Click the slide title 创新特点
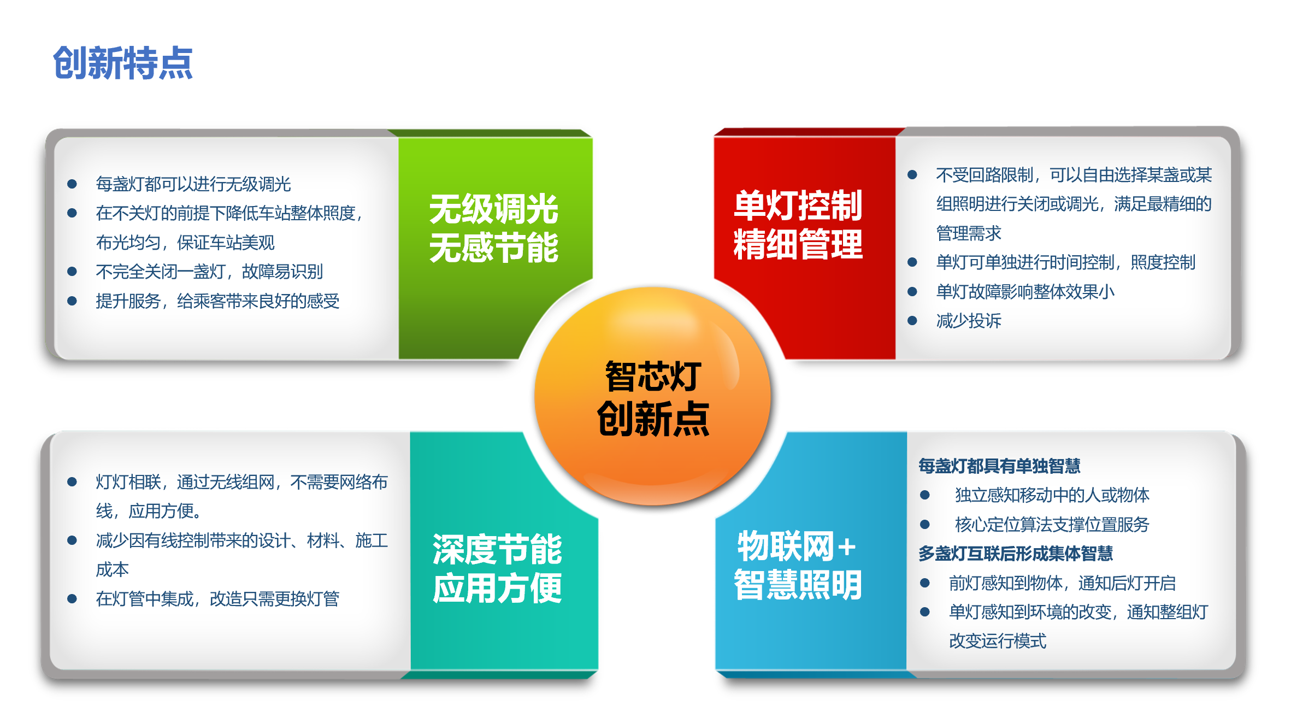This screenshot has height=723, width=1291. click(122, 63)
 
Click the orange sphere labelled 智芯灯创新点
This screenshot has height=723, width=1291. click(652, 396)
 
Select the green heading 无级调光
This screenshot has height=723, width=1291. click(494, 209)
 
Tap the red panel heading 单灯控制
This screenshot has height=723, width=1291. click(798, 205)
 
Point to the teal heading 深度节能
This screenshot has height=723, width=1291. click(497, 549)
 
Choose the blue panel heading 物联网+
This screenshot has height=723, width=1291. click(797, 546)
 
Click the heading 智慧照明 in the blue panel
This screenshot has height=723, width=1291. click(798, 585)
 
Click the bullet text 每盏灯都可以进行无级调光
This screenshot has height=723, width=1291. click(193, 184)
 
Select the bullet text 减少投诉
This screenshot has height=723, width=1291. click(969, 321)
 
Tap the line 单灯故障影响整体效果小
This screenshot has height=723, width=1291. click(1025, 292)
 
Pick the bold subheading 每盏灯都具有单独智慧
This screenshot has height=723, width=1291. click(999, 466)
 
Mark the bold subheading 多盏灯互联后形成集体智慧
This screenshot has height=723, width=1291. click(1016, 554)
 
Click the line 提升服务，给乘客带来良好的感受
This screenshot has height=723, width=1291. click(217, 301)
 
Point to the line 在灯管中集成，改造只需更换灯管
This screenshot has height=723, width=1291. click(217, 599)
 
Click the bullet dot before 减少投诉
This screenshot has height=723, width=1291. click(912, 321)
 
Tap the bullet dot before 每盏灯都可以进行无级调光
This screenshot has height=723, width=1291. click(72, 184)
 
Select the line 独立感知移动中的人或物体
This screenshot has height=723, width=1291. click(1052, 495)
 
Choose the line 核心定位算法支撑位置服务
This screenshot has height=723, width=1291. click(1052, 525)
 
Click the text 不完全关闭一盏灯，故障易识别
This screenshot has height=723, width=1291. click(209, 272)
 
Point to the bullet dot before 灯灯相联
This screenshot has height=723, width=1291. click(72, 481)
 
